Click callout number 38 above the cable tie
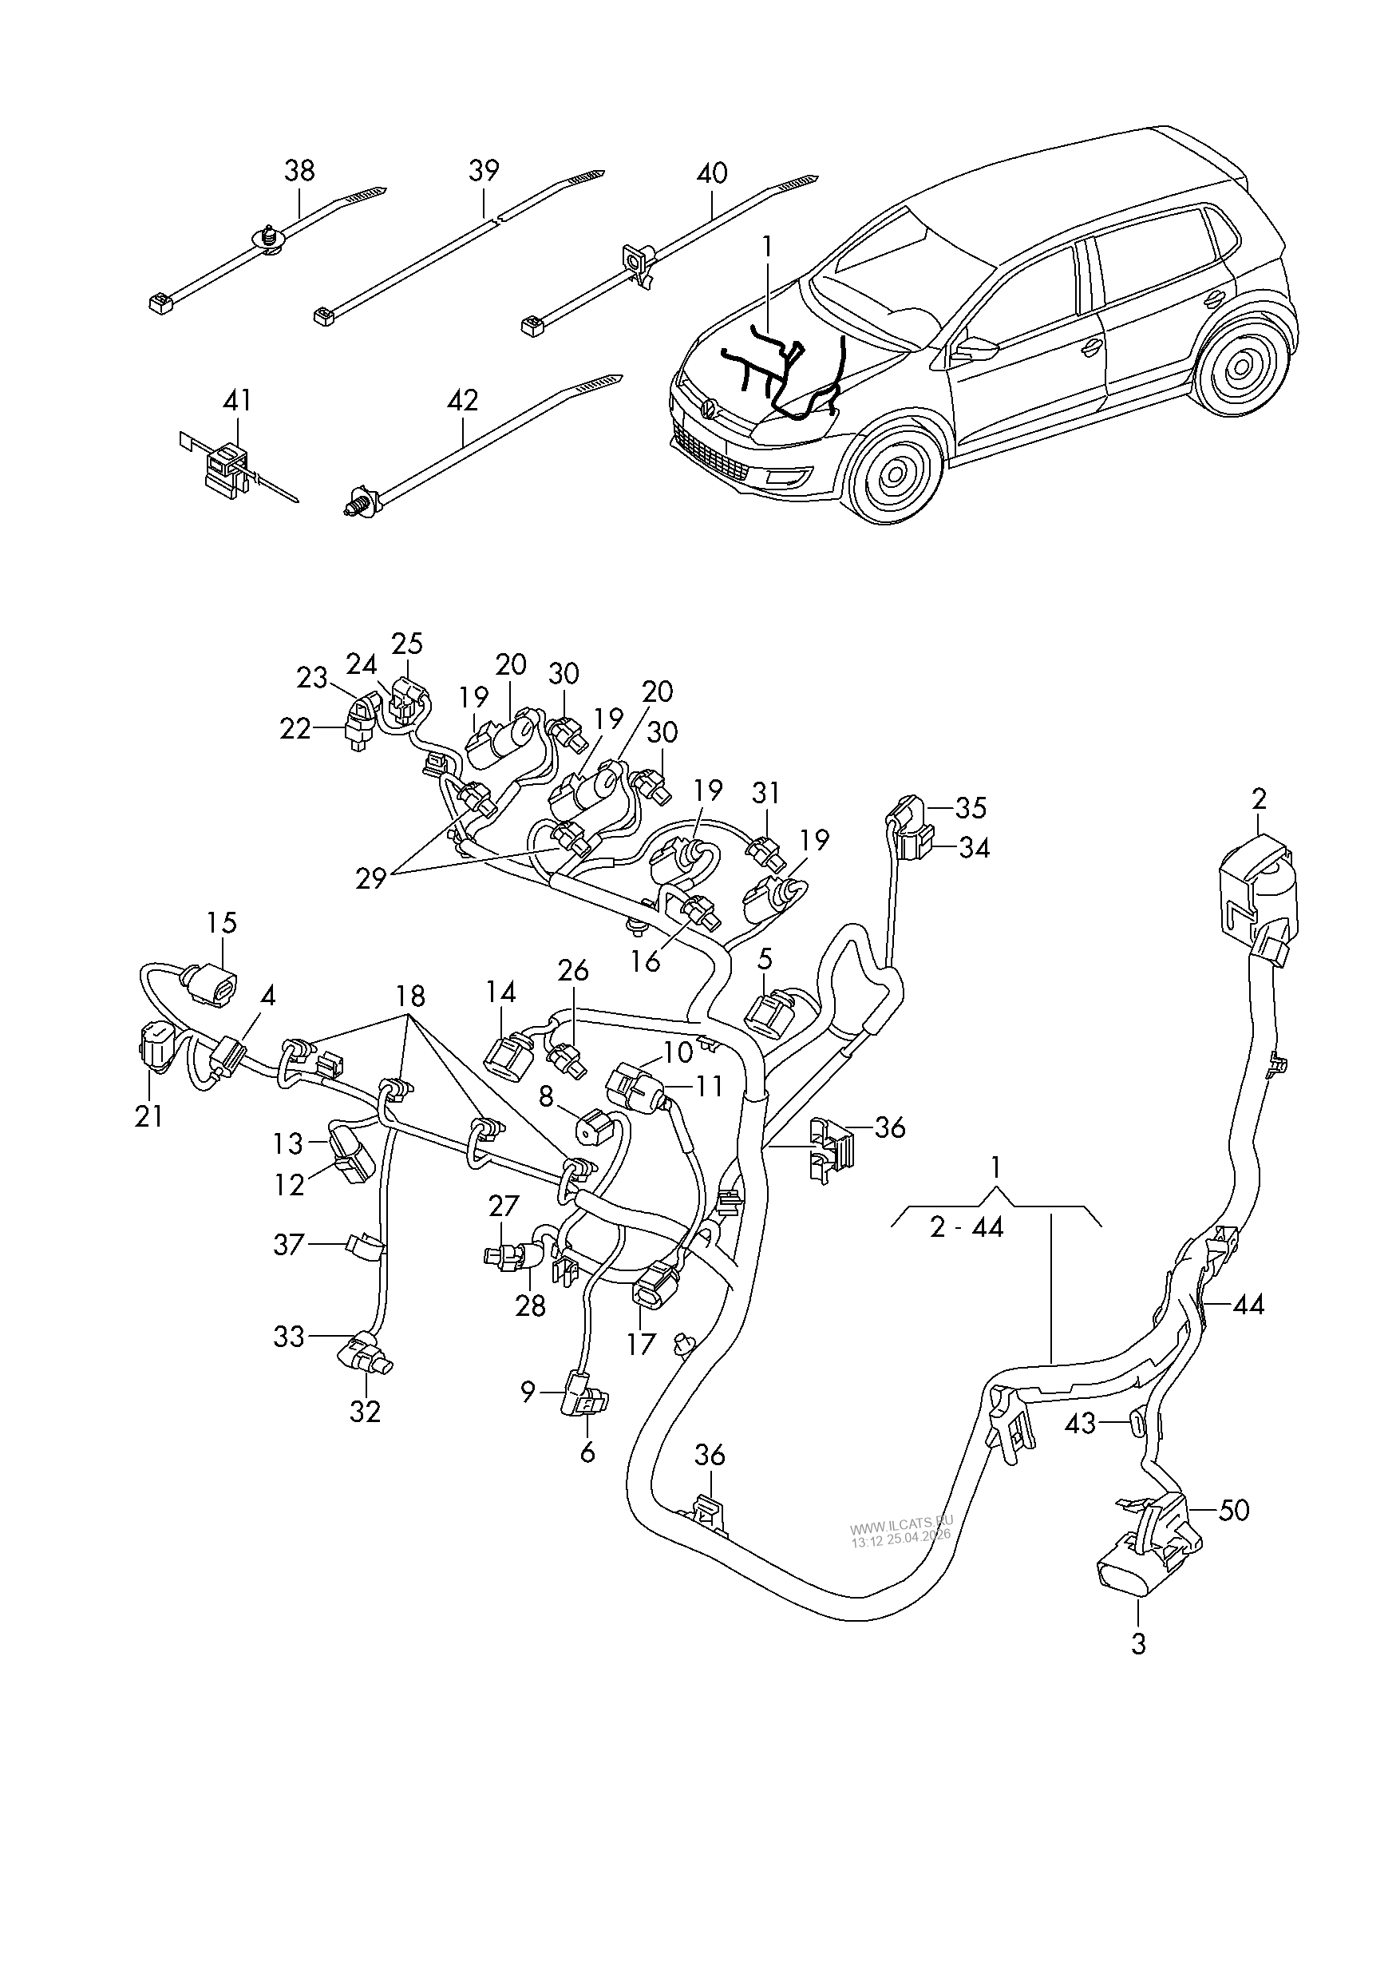[299, 171]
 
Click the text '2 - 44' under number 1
[966, 1227]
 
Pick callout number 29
[371, 881]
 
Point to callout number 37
[288, 1244]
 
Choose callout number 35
[971, 808]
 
